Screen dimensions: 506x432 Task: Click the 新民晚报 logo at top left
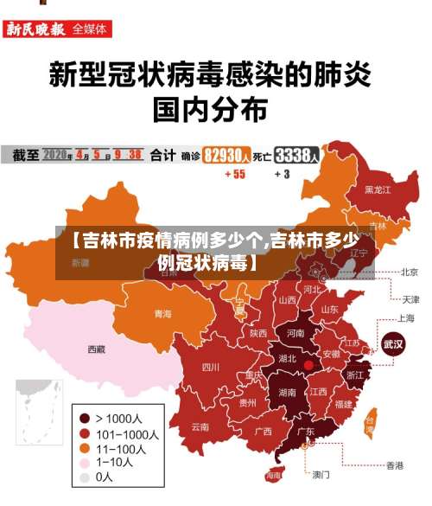point(36,29)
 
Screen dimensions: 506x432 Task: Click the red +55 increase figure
point(234,174)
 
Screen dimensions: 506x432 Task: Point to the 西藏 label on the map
point(96,349)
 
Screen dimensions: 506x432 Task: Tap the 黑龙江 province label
point(377,189)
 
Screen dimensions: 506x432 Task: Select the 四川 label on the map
point(210,367)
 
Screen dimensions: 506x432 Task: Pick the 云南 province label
point(200,426)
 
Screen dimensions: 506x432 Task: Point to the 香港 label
point(394,465)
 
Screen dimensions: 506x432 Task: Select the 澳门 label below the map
point(321,475)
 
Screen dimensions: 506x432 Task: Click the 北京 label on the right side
point(409,272)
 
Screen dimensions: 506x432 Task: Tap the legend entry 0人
point(104,477)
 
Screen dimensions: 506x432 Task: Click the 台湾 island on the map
point(370,424)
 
